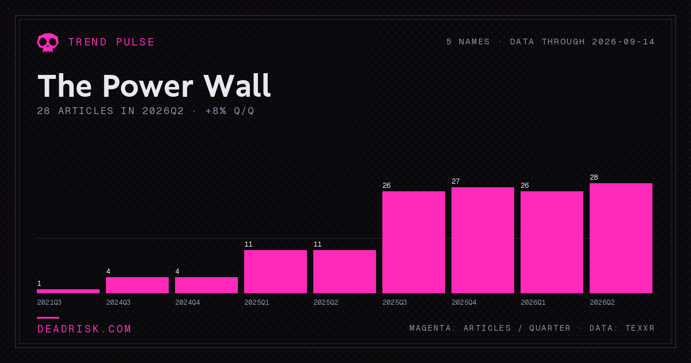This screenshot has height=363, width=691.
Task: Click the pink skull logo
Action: coord(48,43)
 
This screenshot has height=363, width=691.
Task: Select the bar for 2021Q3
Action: coord(68,291)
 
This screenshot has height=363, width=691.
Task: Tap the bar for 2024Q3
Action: coord(137,285)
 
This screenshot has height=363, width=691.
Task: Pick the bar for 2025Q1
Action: coord(275,271)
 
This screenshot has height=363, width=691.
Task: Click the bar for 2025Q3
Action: coord(413,243)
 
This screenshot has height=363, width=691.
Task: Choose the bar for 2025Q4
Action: coord(483,240)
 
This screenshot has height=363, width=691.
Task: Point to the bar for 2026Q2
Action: coord(621,239)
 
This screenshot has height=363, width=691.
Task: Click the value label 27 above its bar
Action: coord(455,181)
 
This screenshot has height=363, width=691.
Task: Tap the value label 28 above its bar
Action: coord(594,177)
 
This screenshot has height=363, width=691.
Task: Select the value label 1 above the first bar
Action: coord(39,283)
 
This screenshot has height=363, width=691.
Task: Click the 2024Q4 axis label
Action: coord(188,302)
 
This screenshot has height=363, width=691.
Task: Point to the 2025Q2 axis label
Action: coord(326,302)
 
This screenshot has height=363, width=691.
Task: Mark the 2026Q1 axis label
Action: coord(533,302)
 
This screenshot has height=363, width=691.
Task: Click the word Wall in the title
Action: coord(237,86)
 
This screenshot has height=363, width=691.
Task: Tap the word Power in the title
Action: coord(148,86)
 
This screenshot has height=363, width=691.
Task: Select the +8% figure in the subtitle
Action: coord(215,111)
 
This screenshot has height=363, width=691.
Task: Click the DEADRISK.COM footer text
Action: coord(84,329)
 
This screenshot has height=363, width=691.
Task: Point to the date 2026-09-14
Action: coord(623,41)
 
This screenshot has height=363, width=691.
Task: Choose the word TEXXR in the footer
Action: coord(640,328)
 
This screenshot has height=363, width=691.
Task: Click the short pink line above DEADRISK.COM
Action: coord(48,317)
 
